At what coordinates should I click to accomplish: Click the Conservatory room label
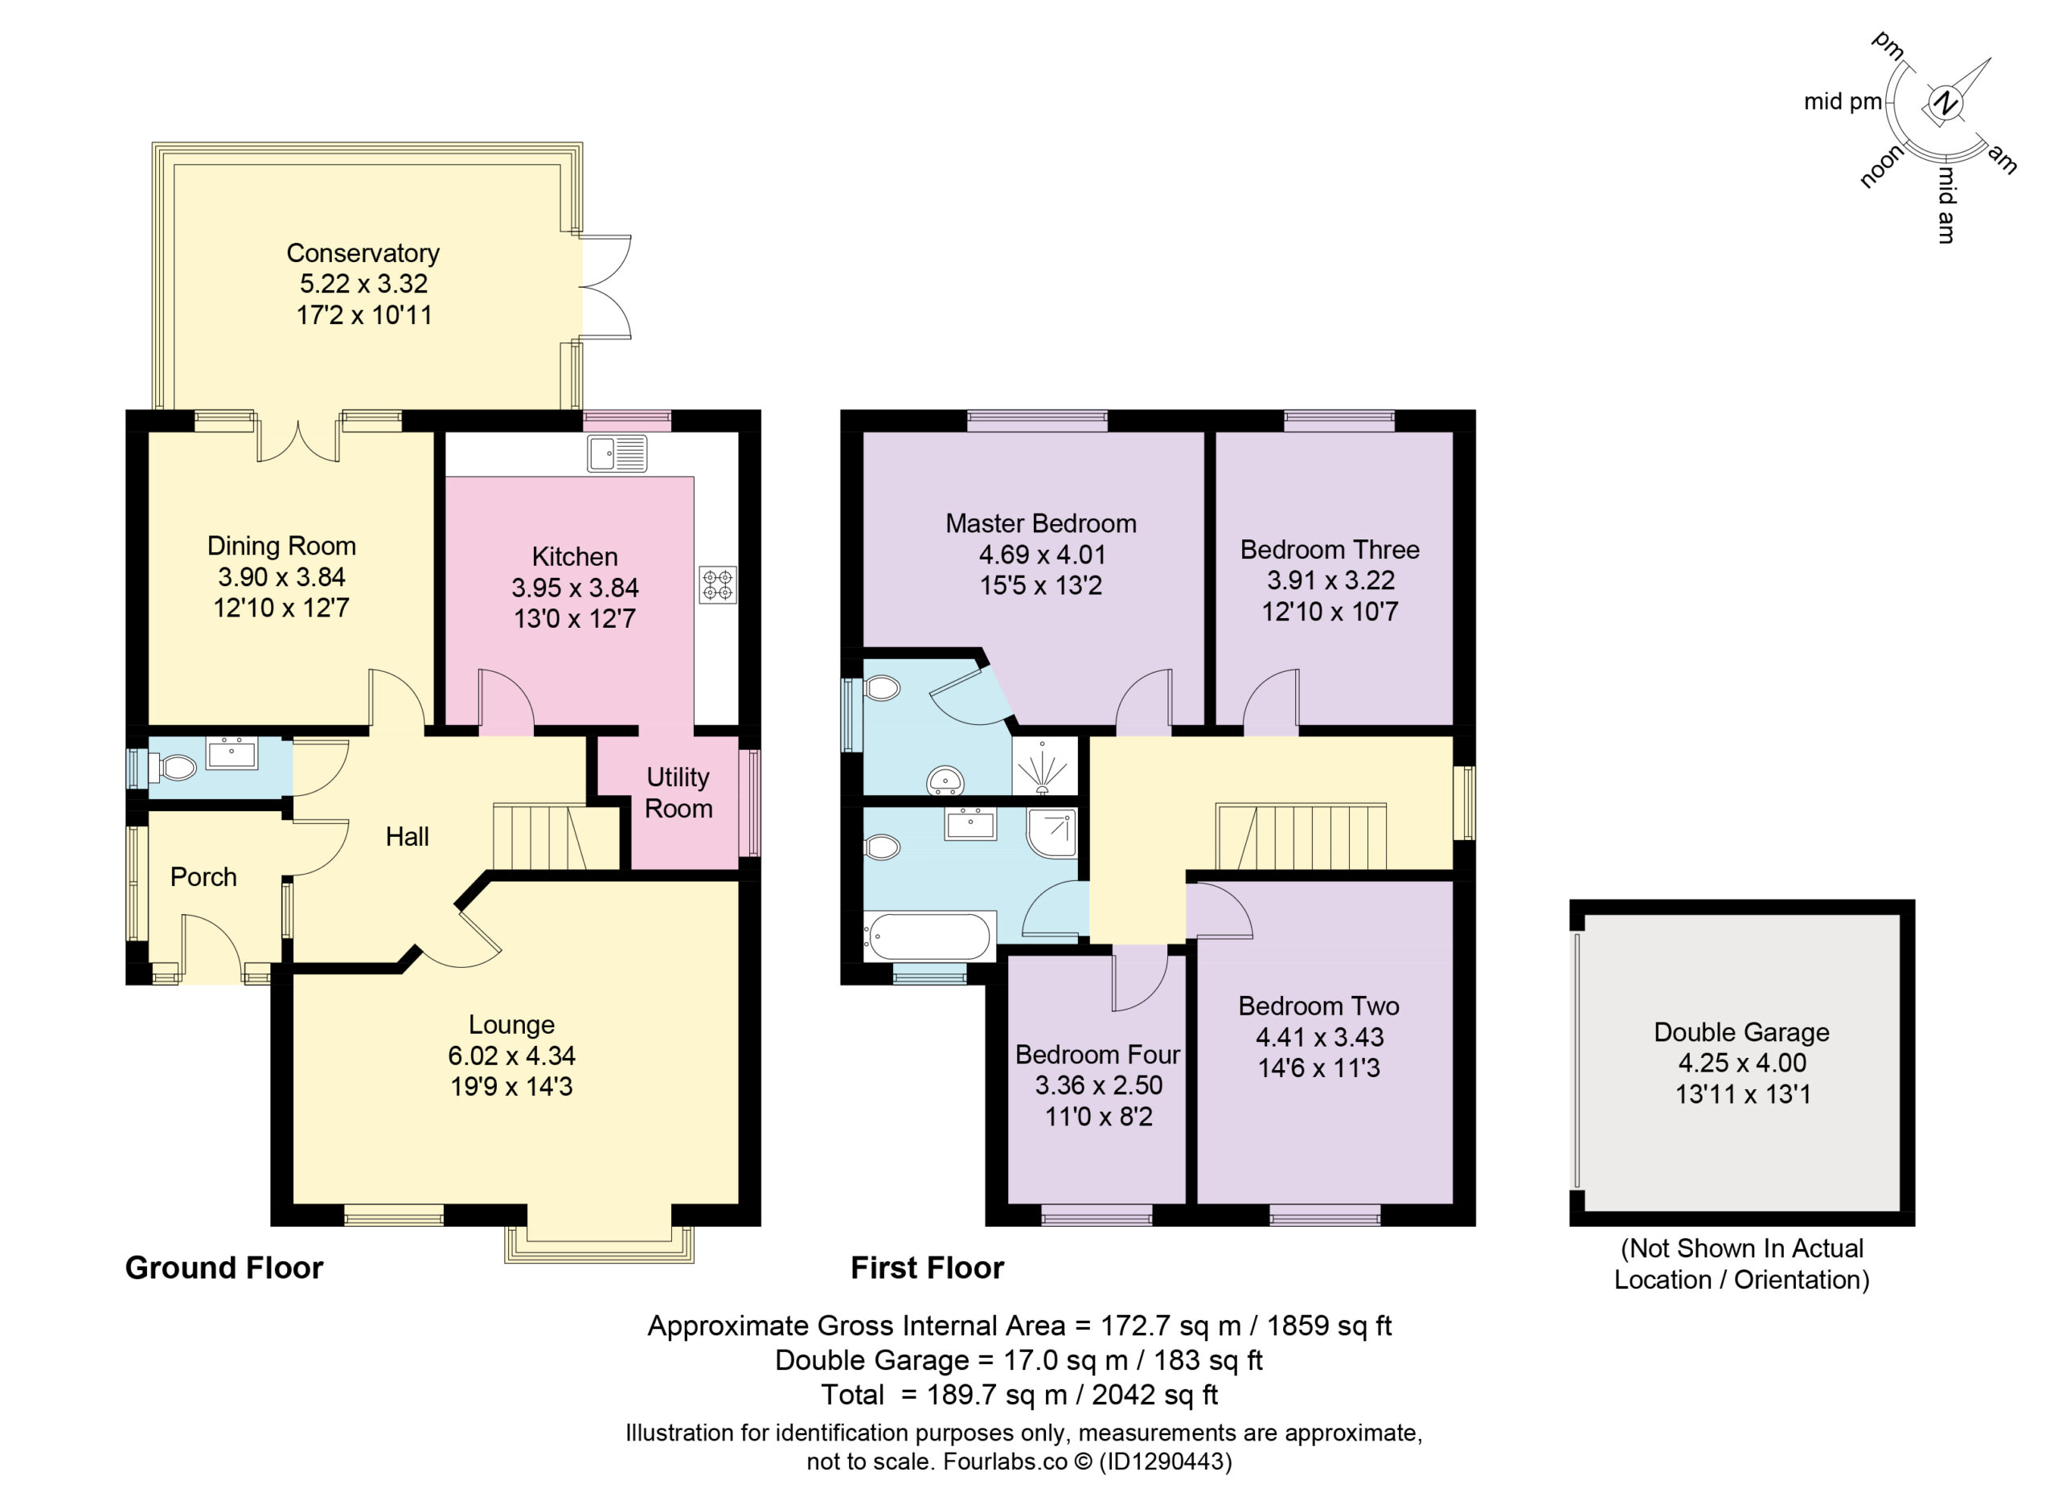click(363, 252)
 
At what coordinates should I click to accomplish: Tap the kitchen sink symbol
click(617, 453)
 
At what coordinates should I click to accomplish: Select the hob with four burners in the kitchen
click(718, 585)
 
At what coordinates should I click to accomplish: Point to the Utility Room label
click(678, 793)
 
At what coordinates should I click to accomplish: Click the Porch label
click(203, 877)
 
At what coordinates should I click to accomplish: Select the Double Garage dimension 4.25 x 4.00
click(1741, 1063)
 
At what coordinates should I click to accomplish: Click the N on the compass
click(1944, 103)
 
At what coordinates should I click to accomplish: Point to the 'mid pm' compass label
click(1843, 101)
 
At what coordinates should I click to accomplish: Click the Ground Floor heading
click(224, 1268)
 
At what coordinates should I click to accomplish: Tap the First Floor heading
click(928, 1268)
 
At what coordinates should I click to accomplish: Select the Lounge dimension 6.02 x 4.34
click(512, 1055)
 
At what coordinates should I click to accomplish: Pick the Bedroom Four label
click(1098, 1055)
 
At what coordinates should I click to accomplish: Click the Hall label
click(408, 837)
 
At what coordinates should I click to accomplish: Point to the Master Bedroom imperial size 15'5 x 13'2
click(1041, 585)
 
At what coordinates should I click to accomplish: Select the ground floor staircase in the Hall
click(556, 836)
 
